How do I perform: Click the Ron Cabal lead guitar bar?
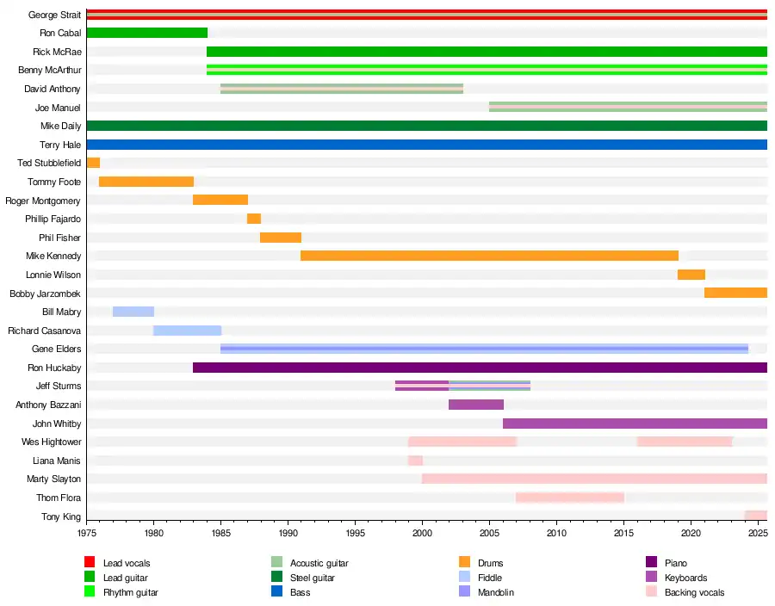[146, 33]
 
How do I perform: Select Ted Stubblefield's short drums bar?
[93, 163]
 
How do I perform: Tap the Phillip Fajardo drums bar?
[254, 219]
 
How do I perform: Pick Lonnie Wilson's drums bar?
[691, 275]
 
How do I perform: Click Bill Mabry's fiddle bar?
[133, 312]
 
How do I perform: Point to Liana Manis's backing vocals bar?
[415, 461]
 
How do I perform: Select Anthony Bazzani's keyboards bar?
[476, 405]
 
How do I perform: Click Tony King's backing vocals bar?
[756, 516]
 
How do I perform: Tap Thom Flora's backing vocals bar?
[570, 498]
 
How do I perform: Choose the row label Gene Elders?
[57, 349]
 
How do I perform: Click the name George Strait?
[54, 15]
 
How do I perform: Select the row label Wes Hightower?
[52, 442]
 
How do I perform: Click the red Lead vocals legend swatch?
[89, 563]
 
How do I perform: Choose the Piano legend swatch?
[651, 563]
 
